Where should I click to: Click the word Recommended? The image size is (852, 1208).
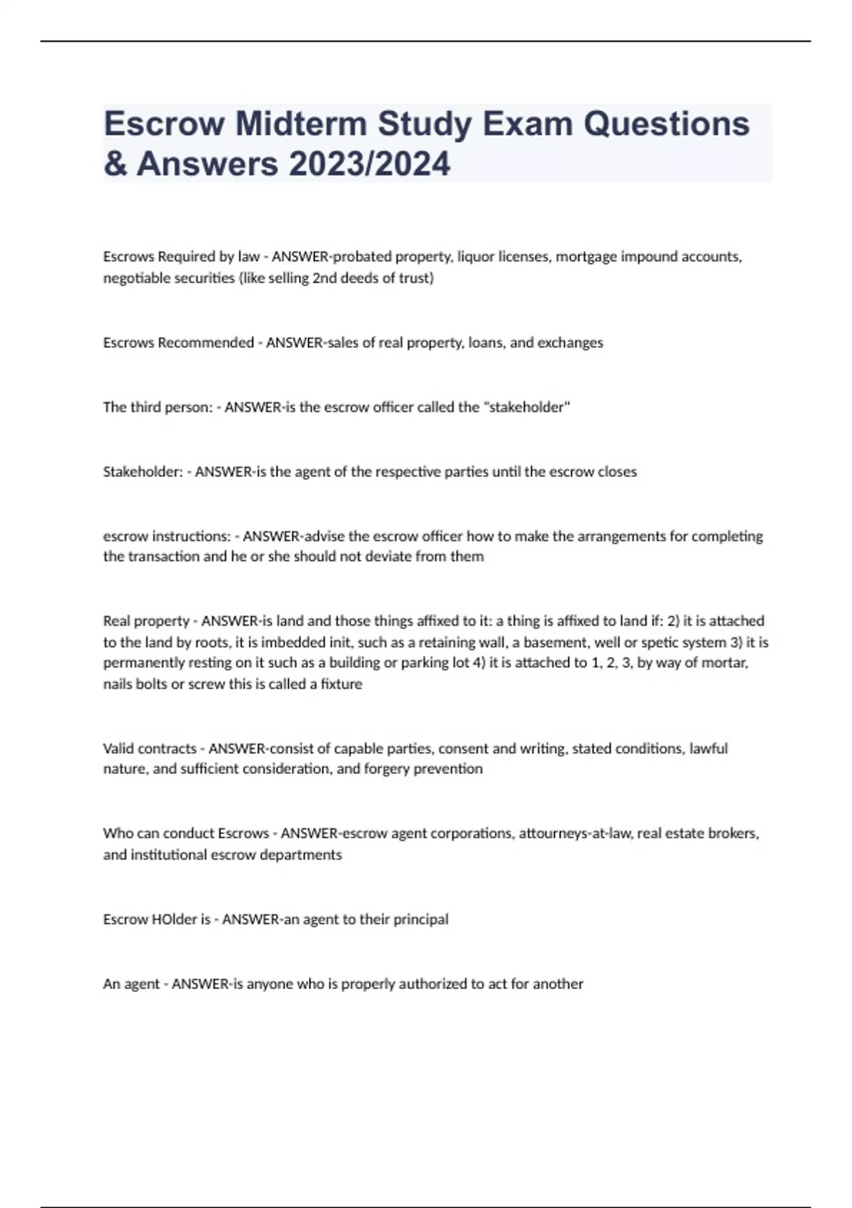[x=205, y=343]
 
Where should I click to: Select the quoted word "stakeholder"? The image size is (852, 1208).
[x=526, y=407]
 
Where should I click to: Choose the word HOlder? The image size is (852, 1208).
[x=174, y=920]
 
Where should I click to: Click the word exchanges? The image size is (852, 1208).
[x=569, y=343]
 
